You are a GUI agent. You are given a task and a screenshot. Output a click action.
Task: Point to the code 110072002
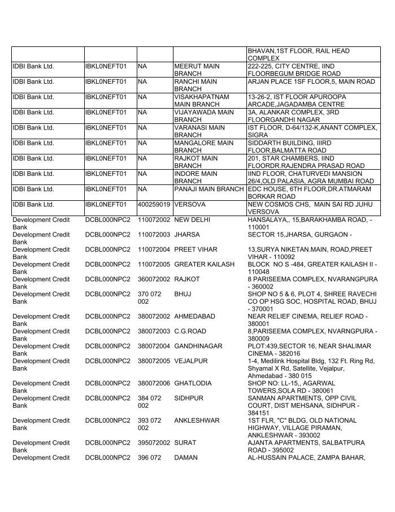[154, 219]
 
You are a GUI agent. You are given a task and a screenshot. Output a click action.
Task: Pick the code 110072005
[154, 264]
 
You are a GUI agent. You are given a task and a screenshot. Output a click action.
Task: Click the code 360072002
[154, 279]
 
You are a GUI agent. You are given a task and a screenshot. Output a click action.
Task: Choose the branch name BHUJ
[183, 295]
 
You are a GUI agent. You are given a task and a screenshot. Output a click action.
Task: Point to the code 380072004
[154, 346]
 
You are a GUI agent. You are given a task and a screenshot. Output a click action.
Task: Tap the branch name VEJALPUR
[191, 361]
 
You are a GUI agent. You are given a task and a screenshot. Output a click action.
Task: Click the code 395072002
[154, 442]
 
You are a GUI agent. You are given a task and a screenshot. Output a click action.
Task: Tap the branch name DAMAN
[186, 458]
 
